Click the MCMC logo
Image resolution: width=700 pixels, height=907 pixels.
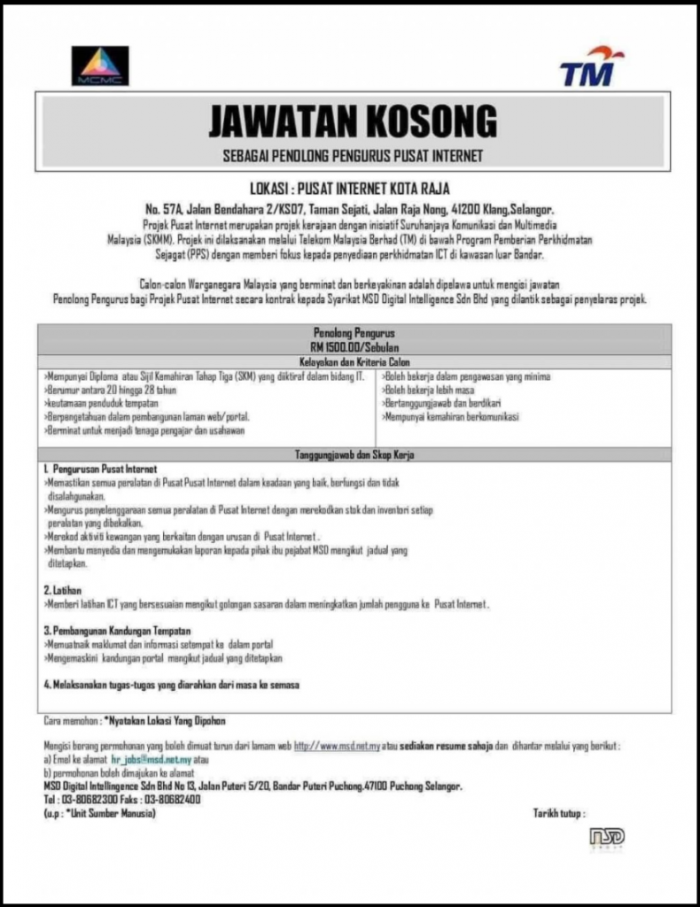pos(100,66)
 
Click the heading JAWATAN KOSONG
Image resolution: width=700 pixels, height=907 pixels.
pos(352,121)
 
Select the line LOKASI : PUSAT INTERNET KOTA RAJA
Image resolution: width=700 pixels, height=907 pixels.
pos(350,189)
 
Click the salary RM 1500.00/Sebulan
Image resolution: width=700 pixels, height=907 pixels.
pos(354,348)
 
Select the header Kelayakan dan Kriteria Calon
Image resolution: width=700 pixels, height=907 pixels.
pos(354,362)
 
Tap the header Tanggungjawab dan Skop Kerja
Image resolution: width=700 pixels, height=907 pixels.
pos(354,454)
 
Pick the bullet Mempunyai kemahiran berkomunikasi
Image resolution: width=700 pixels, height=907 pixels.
pos(451,416)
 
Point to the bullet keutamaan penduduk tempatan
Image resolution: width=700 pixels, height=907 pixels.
pos(97,403)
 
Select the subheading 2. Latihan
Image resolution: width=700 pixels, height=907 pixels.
pos(62,589)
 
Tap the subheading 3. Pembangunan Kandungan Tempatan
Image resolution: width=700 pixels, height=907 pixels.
pos(119,630)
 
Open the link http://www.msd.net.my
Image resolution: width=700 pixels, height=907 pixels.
pos(337,747)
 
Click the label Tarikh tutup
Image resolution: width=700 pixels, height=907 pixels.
pos(558,812)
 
